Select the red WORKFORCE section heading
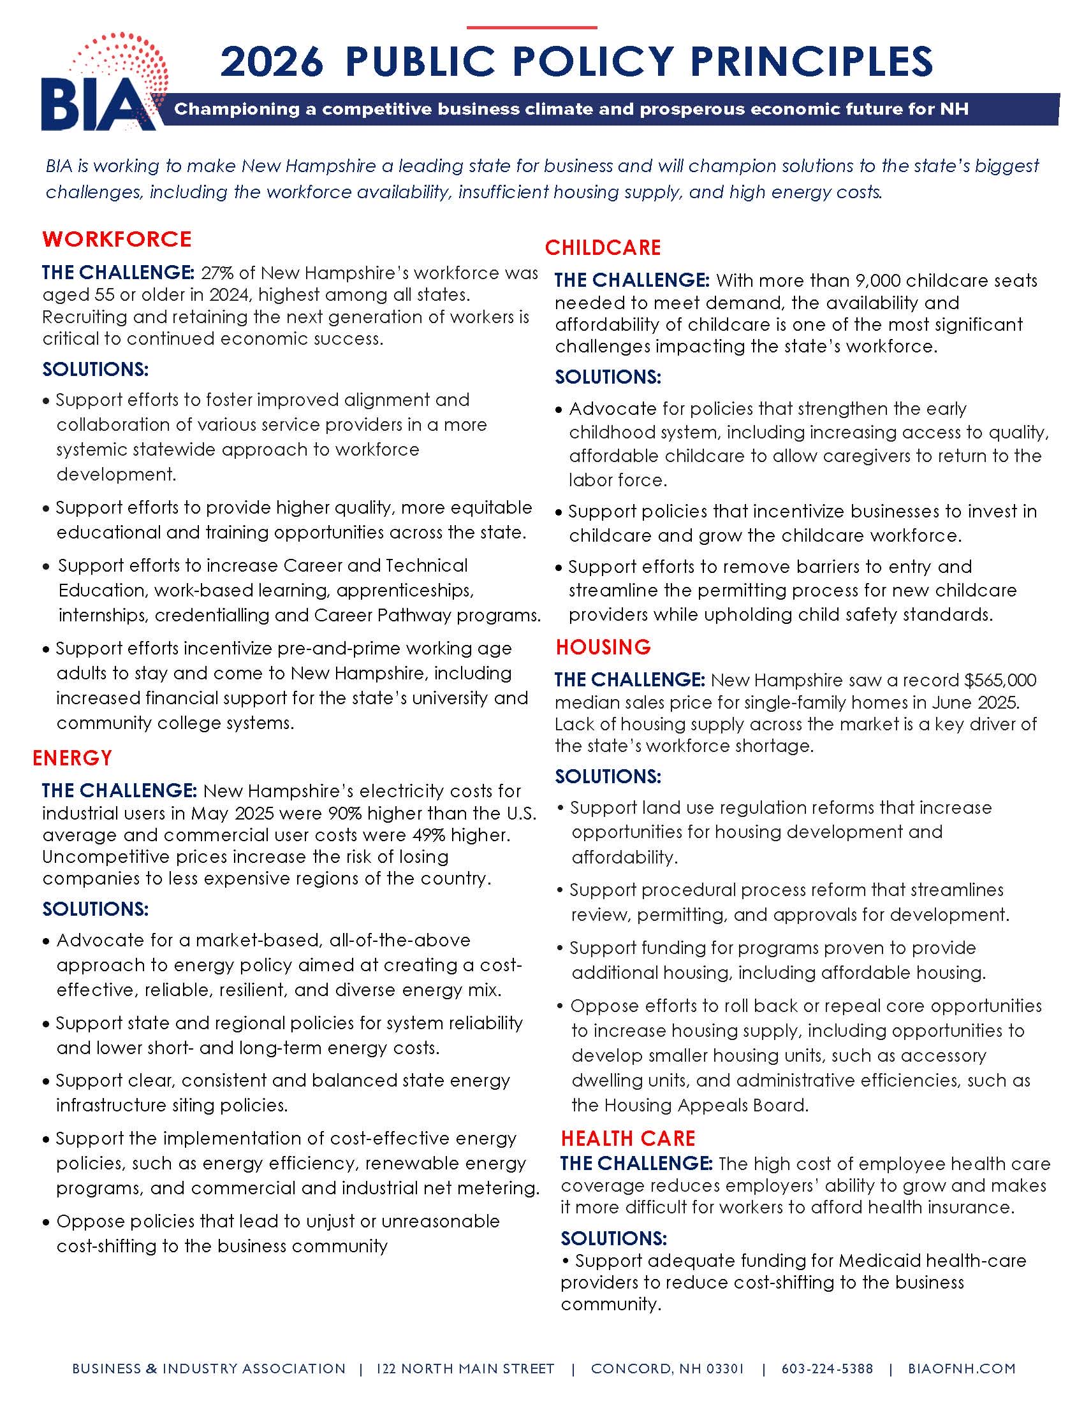(117, 239)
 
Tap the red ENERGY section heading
(73, 758)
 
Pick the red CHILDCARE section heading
(603, 247)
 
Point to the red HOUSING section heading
(603, 646)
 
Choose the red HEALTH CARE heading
(628, 1138)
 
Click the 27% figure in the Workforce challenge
(216, 273)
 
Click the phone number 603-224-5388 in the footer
(827, 1368)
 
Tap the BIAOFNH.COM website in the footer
(962, 1368)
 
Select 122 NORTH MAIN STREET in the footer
(465, 1368)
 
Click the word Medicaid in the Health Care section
(874, 1260)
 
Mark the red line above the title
(532, 27)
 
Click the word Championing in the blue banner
(237, 109)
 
